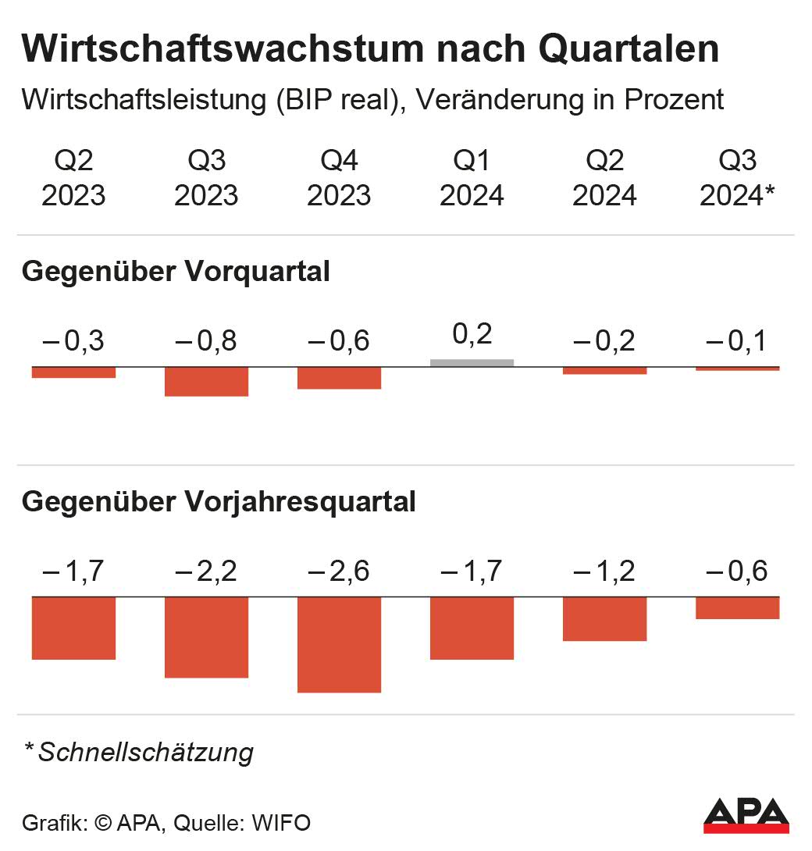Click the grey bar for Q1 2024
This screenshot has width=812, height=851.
pos(472,362)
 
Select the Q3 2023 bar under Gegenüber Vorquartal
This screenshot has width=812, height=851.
pos(206,382)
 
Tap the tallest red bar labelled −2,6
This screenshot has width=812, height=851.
pos(339,644)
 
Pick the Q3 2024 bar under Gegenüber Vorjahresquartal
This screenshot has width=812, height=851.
pos(737,607)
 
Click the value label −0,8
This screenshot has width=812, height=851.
pos(206,341)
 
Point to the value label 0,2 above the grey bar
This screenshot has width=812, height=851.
pos(472,334)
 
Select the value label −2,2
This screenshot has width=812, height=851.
pos(206,571)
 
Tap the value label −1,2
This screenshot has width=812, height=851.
pos(604,571)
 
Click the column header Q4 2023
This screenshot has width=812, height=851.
pos(339,179)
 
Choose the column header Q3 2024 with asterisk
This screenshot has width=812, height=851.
pos(737,179)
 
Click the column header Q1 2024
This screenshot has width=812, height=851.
pos(472,179)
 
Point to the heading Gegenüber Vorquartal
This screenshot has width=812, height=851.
pos(176,272)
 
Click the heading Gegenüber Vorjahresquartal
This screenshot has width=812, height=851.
pos(219,502)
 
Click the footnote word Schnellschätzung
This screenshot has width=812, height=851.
pos(146,753)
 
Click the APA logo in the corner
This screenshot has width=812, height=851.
pos(746,816)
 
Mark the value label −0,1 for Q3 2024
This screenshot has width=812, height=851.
pos(737,341)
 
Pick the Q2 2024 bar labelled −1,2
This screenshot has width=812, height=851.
pos(604,618)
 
